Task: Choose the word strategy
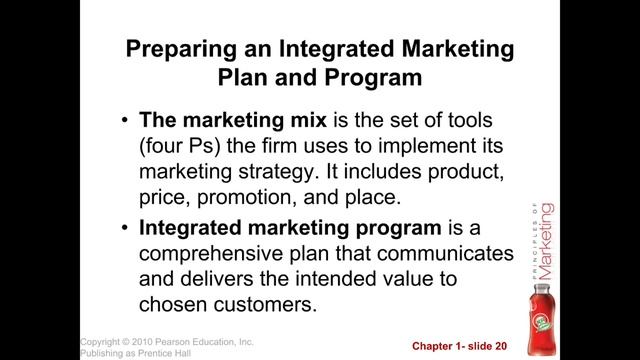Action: pos(263,170)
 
